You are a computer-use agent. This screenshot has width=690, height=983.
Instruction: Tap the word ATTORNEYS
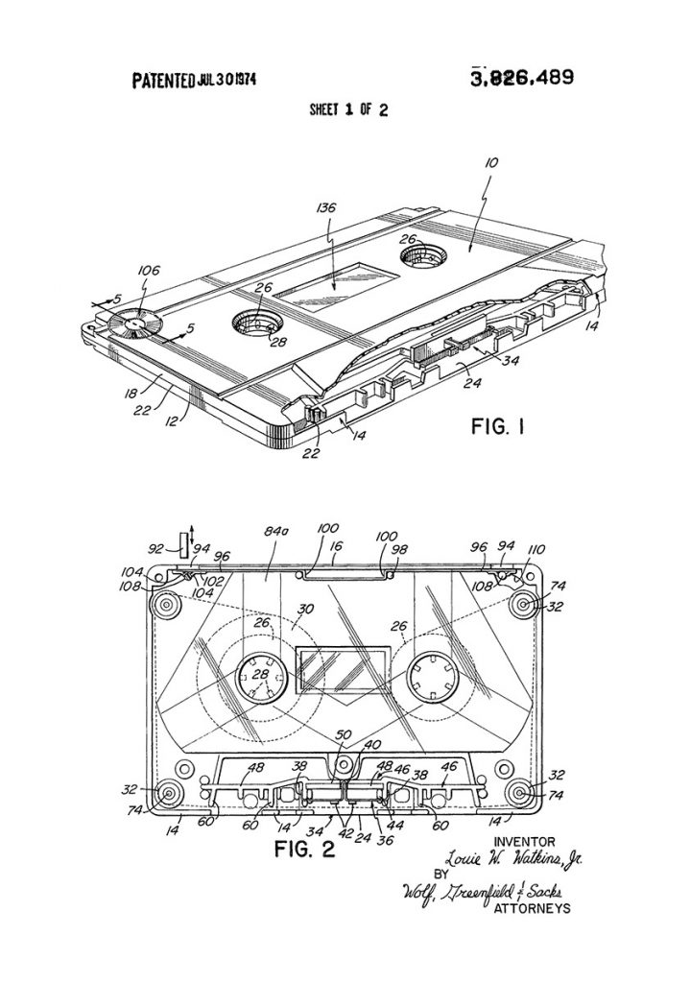(x=529, y=907)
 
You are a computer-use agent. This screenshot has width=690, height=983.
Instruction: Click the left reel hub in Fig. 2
(x=262, y=679)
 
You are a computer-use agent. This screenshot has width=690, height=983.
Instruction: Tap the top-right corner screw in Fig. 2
(x=524, y=604)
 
